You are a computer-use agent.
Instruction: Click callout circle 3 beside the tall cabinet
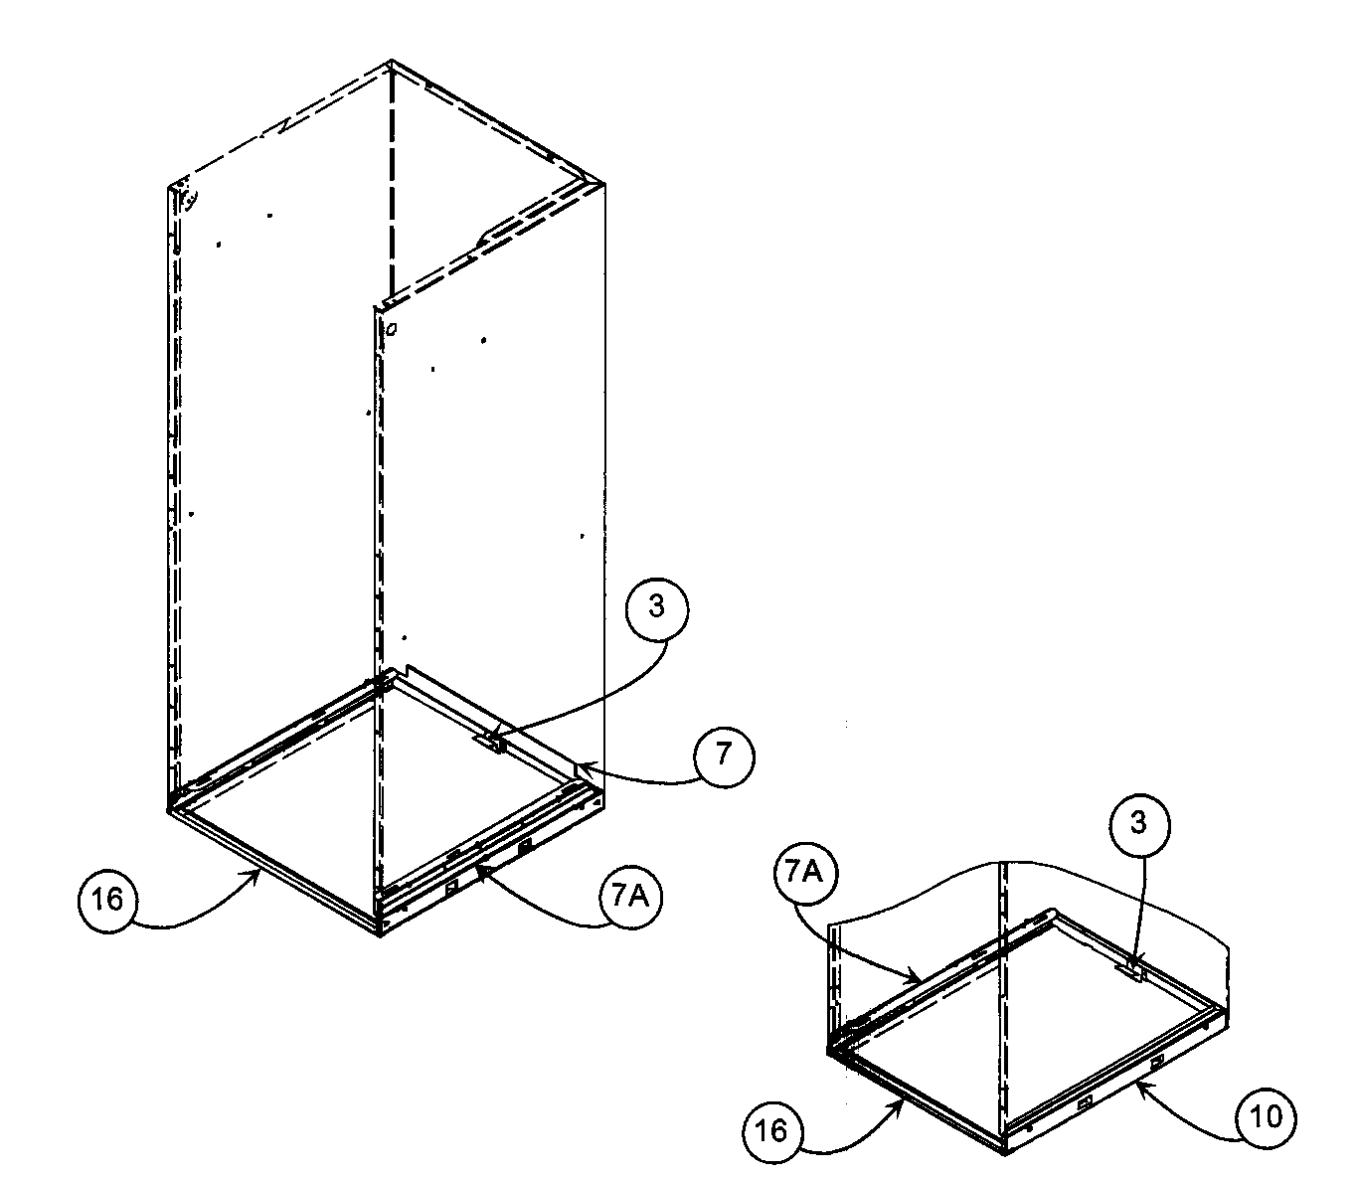click(656, 607)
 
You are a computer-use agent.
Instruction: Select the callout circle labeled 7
click(724, 756)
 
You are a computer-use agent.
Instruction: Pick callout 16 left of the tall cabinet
click(107, 900)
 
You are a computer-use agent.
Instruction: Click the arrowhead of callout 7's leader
click(580, 765)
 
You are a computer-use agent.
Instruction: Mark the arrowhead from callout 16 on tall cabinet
click(261, 869)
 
